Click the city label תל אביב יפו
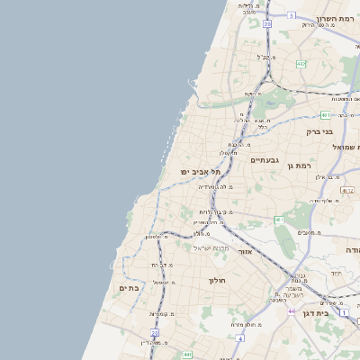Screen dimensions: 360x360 (184, 171)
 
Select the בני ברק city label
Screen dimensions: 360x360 (320, 131)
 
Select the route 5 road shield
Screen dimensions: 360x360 (292, 15)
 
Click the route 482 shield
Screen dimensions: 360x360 (301, 63)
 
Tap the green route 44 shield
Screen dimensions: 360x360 (292, 310)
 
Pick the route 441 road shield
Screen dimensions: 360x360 (186, 355)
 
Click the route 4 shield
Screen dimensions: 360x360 (240, 338)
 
